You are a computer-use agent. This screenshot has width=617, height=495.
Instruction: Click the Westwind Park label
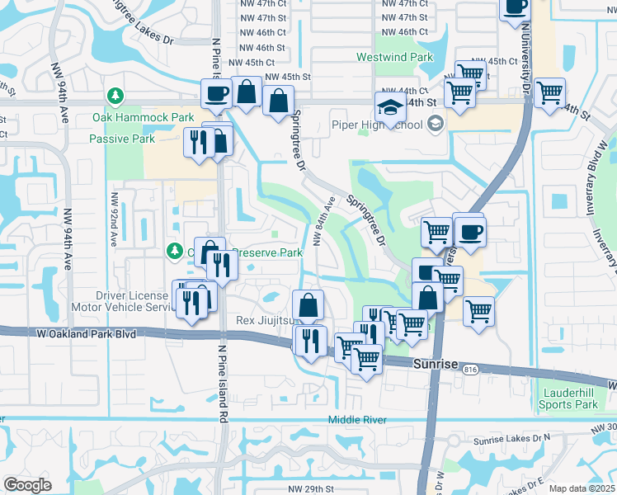coord(394,58)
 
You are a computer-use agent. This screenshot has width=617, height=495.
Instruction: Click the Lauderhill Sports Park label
coord(568,398)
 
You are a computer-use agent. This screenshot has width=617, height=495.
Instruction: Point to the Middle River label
coord(357,420)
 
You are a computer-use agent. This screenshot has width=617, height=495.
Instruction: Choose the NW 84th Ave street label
coord(323,220)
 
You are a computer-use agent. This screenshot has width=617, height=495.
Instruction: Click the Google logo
coord(27,485)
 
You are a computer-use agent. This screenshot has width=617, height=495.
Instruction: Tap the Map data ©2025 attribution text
coord(582,488)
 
